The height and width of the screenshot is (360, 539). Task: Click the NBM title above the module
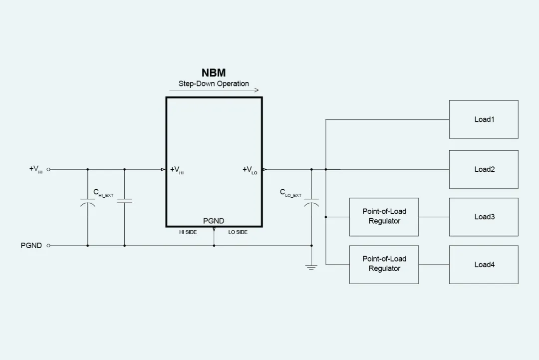coord(214,73)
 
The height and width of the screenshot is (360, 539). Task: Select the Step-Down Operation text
coord(214,84)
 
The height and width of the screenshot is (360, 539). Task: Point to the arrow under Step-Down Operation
coord(214,90)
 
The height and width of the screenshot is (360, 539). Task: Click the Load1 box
coord(484,119)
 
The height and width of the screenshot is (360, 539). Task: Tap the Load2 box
coord(484,169)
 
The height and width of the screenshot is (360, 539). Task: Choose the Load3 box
coord(484,217)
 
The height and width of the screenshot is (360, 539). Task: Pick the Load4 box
coord(484,265)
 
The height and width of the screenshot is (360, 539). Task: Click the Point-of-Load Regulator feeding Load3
coord(384,217)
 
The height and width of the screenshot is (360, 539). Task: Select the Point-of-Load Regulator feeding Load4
coord(384,265)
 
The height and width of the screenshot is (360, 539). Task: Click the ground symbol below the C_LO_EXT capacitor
coord(311,267)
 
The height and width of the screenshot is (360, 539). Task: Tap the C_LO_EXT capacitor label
coord(290,193)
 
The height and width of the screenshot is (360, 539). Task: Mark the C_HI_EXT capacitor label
coord(103,193)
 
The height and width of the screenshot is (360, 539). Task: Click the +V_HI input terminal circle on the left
coord(48,169)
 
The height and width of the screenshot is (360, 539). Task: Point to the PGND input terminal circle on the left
coord(48,246)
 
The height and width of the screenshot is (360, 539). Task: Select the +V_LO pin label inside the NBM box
coord(250,170)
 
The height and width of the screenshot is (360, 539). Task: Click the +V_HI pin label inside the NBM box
coord(177,170)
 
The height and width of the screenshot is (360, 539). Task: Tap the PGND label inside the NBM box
coord(214,221)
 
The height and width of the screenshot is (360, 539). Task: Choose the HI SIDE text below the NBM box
coord(188,232)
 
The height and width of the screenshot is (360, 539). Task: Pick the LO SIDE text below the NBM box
coord(238,232)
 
